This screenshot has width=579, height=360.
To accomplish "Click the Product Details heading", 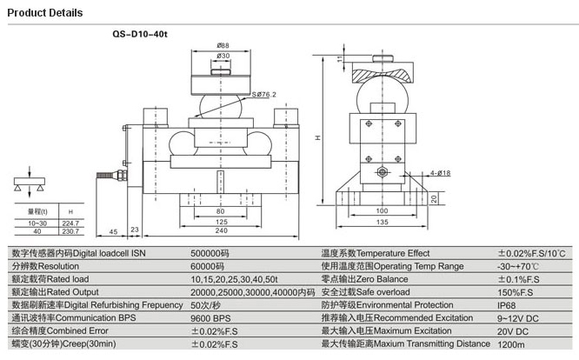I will click(45, 13).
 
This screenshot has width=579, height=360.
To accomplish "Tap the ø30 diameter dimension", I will click(223, 57).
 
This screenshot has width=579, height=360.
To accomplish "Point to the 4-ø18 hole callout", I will click(439, 174).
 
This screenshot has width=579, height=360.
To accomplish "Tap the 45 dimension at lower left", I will click(114, 231).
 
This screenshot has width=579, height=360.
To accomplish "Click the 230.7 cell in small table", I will click(70, 231).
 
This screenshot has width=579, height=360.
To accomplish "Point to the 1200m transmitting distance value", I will click(509, 345).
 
